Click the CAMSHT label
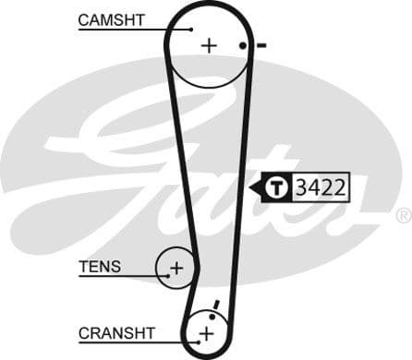click(112, 19)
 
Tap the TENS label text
click(100, 267)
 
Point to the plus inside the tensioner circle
click(176, 269)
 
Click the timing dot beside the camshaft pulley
click(243, 45)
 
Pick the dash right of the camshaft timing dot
click(261, 45)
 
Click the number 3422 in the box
click(321, 188)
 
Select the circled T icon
click(277, 188)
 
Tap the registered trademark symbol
click(403, 215)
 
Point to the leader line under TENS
click(120, 277)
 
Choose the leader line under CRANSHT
click(139, 342)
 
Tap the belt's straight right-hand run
click(243, 185)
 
